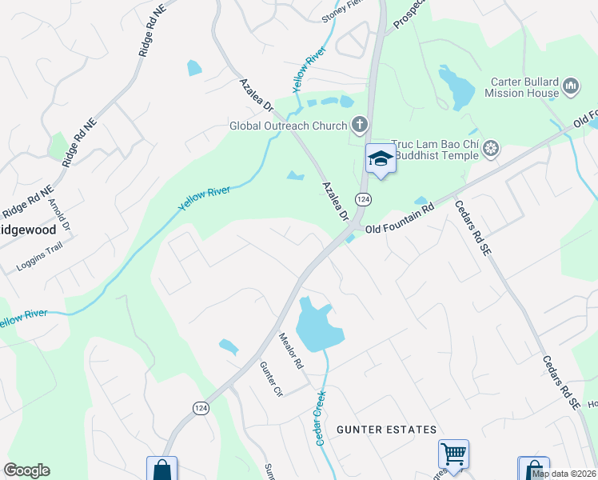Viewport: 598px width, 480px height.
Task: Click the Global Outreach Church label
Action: tap(288, 126)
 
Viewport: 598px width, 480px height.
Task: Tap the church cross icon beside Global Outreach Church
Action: tap(360, 125)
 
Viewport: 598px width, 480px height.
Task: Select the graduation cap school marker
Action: tap(381, 158)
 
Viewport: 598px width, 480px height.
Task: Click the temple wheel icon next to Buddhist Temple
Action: tap(491, 148)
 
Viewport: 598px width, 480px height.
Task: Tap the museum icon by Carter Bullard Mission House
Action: tap(571, 86)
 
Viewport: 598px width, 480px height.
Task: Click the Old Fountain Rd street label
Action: tap(399, 218)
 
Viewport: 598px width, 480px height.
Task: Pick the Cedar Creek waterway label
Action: tap(320, 417)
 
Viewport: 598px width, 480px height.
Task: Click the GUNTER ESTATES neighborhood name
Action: tap(387, 430)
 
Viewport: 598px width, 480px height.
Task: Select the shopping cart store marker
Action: tap(453, 455)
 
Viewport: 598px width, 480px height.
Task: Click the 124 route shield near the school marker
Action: tap(364, 198)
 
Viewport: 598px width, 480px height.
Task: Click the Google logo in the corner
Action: tap(26, 470)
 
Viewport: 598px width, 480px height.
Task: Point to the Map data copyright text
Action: tap(564, 474)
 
